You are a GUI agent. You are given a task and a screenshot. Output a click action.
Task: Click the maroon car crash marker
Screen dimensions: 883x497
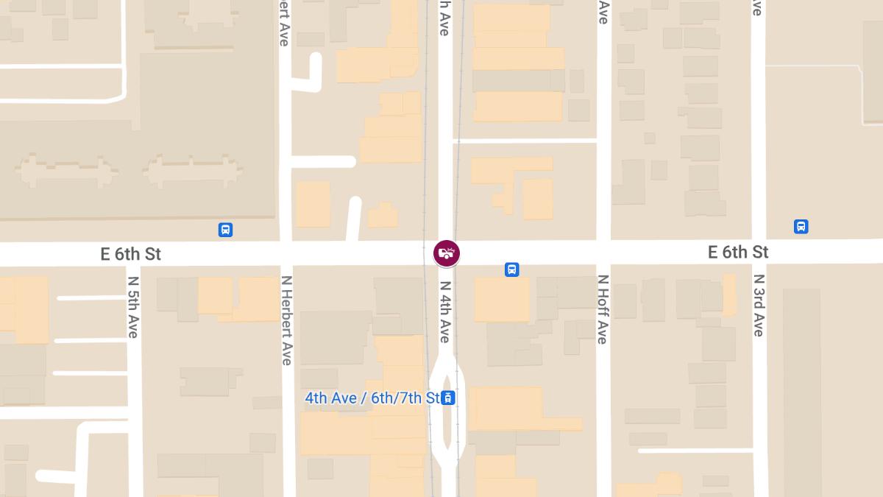point(446,253)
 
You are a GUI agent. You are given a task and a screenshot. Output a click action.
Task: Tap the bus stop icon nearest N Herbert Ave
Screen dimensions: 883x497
point(226,230)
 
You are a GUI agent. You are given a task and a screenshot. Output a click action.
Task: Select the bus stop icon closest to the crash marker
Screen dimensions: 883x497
point(512,269)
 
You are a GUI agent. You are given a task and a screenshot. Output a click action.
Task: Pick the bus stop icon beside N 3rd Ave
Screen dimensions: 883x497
point(801,227)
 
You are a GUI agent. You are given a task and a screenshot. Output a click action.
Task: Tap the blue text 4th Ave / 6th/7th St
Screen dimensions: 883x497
point(372,398)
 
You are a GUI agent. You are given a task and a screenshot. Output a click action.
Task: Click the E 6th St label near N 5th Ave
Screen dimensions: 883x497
point(131,255)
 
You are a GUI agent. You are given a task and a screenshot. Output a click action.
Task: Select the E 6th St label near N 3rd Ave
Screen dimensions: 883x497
point(738,253)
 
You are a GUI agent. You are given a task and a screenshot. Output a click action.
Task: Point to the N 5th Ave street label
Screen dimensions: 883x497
point(133,306)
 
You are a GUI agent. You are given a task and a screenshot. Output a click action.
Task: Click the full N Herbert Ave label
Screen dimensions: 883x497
point(286,320)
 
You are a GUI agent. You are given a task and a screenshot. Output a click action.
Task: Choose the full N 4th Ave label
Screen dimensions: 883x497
point(445,311)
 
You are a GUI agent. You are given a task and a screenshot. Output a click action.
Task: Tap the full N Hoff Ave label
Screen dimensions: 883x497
point(603,309)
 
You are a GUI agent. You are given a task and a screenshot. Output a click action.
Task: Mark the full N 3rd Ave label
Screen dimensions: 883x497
point(758,306)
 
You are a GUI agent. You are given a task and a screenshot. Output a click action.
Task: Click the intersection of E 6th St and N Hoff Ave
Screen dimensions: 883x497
point(603,252)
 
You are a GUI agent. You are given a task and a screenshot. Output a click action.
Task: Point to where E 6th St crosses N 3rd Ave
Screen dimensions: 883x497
point(758,251)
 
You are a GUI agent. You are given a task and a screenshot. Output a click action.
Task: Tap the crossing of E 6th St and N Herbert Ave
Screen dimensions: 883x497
point(286,253)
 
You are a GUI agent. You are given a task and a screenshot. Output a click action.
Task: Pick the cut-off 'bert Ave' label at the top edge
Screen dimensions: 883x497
point(284,23)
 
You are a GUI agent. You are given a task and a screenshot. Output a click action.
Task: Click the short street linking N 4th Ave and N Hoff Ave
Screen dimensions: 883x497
point(525,140)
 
